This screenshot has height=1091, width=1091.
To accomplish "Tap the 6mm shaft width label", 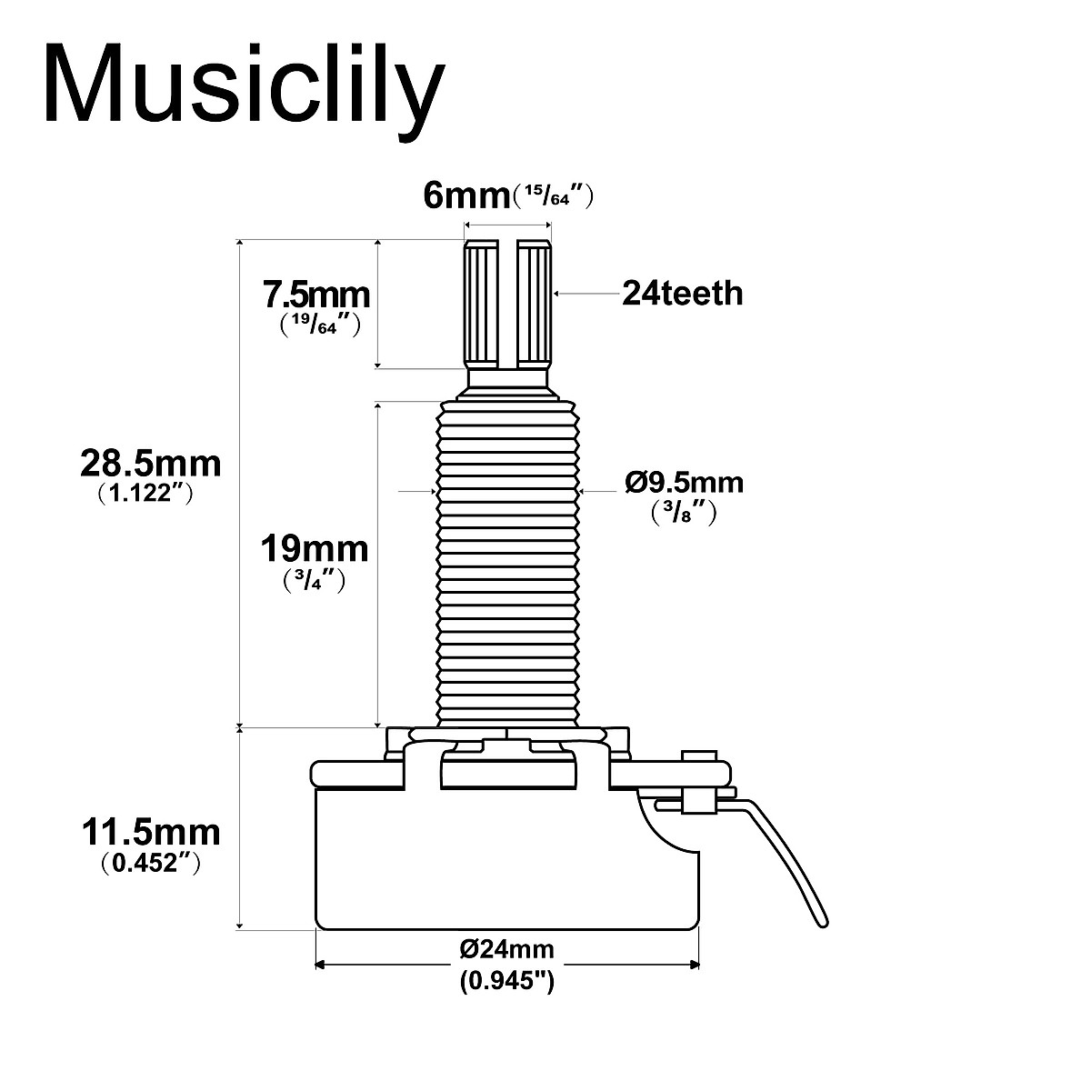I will click(465, 195).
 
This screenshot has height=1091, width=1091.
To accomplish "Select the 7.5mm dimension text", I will click(315, 295).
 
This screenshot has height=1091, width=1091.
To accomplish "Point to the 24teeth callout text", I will click(682, 294).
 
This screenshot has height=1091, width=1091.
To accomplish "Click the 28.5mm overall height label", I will click(150, 464).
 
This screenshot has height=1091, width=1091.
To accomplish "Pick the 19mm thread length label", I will click(315, 549).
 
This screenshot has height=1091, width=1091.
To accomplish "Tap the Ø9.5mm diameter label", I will click(684, 482).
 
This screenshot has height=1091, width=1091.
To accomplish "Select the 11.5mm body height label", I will click(150, 831).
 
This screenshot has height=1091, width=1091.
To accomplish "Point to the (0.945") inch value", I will click(506, 981).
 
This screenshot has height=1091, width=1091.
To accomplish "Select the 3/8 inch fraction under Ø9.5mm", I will click(684, 513).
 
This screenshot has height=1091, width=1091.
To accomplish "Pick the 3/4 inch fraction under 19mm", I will click(315, 580).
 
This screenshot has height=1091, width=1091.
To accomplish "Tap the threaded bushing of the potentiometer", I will click(507, 564).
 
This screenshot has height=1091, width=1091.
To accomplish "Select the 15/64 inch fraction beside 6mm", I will click(553, 195).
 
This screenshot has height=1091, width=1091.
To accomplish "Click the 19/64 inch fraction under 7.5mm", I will click(315, 323).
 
